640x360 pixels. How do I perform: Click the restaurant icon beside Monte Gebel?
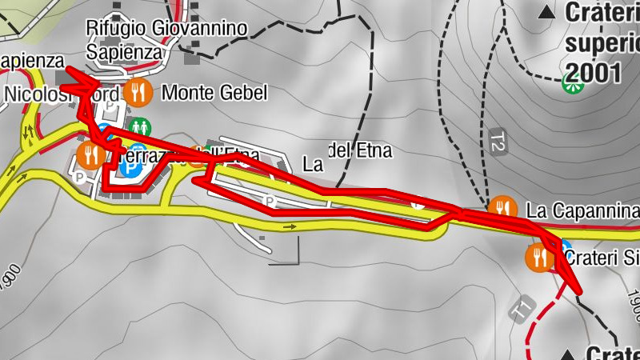point(138,93)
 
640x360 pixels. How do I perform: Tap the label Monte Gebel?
point(214,93)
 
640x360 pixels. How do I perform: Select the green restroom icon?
point(141,126)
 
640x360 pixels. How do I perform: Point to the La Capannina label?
point(583,210)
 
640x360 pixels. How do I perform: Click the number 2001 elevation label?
point(592,73)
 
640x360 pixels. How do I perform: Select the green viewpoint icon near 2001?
point(573,81)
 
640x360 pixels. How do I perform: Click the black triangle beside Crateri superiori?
point(547,12)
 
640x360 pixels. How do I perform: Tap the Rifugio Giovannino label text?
point(167,29)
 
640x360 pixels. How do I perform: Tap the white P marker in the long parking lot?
point(270,200)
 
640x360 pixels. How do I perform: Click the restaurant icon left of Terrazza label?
point(89,154)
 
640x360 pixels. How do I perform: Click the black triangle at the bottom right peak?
point(569,354)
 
